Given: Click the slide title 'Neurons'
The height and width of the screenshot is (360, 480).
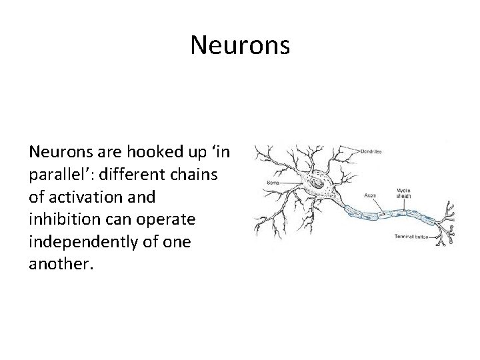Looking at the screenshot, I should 240,45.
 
